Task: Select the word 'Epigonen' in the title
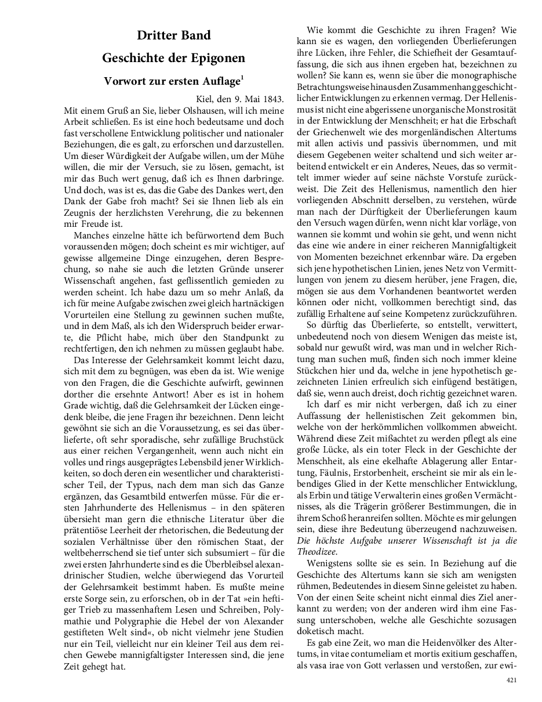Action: pyautogui.click(x=219, y=59)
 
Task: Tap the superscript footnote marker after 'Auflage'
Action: pyautogui.click(x=243, y=78)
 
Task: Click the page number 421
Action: pyautogui.click(x=511, y=680)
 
